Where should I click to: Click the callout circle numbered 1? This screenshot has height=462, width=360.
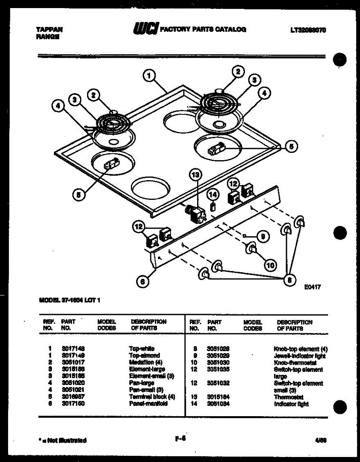[149, 75]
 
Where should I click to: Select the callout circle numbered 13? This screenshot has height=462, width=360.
[196, 175]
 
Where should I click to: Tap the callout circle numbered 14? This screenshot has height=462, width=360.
[213, 195]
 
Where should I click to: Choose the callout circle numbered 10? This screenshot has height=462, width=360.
[270, 265]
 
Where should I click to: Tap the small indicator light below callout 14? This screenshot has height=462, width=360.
[212, 208]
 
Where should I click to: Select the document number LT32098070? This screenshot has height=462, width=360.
[308, 30]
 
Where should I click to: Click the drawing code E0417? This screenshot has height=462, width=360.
[312, 287]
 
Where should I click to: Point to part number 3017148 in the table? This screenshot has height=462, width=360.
[73, 349]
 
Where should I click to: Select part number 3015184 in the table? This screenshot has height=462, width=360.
[219, 397]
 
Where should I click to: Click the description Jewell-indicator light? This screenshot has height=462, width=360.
[300, 356]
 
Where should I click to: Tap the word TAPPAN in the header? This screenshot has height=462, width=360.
[49, 29]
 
